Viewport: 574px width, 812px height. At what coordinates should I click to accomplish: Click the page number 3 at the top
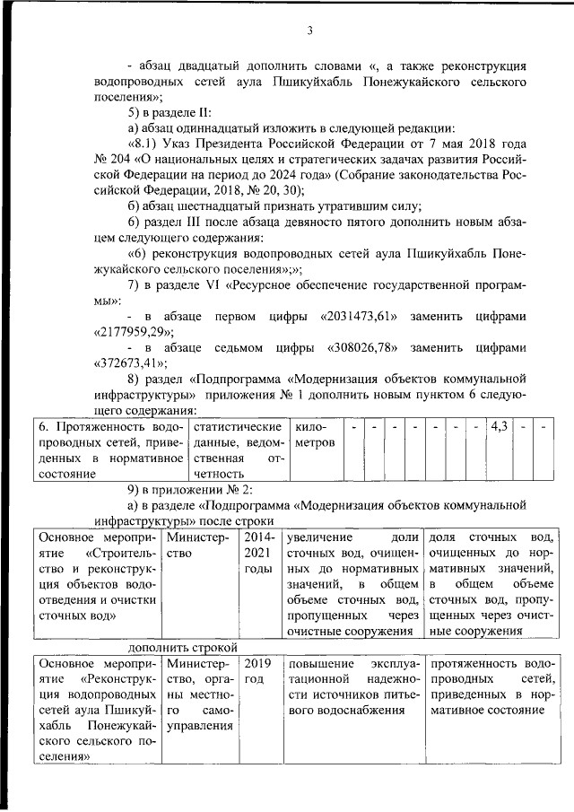point(309,31)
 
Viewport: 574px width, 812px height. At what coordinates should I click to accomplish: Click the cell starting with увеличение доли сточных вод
point(352,583)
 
